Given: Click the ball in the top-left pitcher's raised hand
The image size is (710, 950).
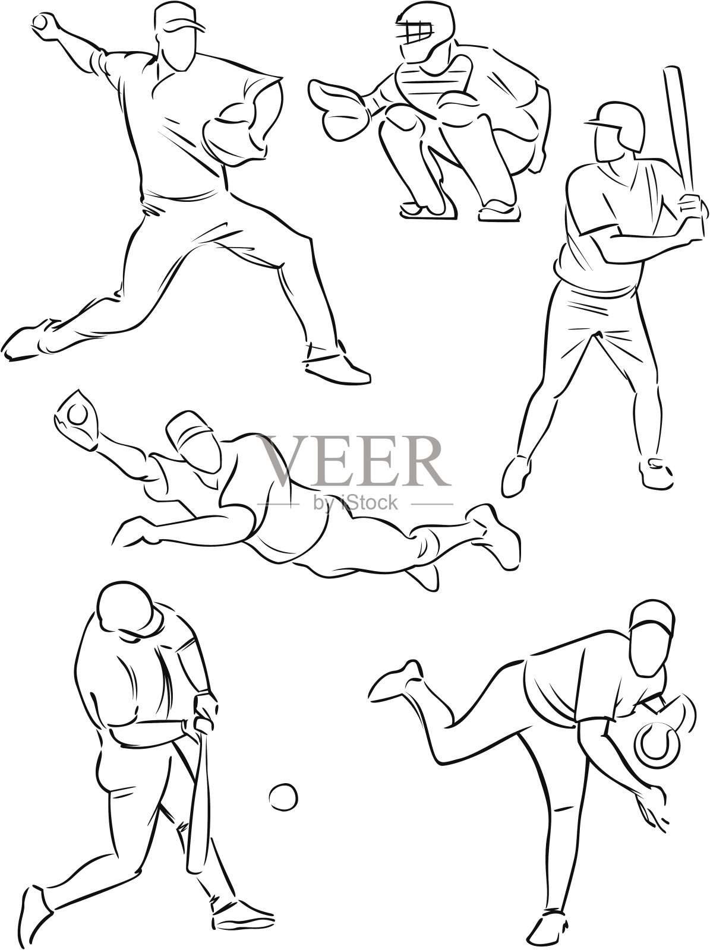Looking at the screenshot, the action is [40, 21].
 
